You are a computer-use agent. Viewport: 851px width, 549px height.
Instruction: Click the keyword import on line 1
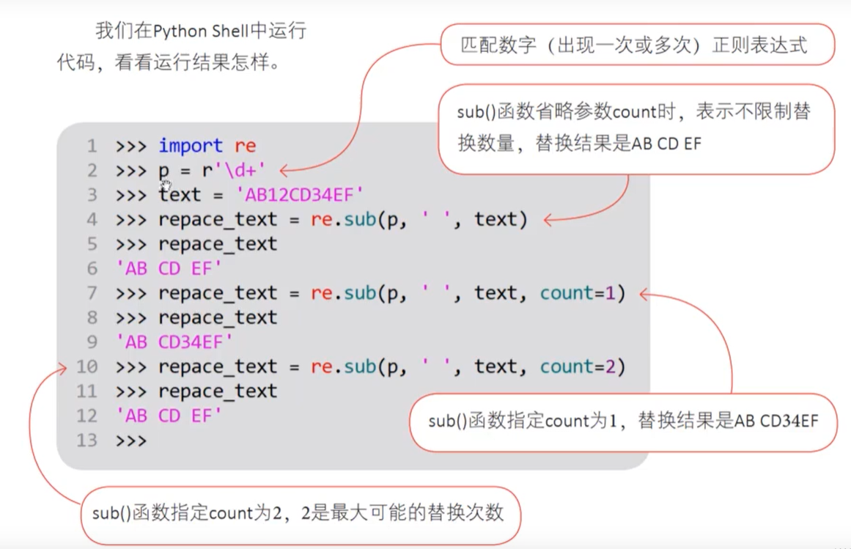(x=191, y=146)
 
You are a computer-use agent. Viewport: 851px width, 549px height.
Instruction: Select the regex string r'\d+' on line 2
(x=233, y=171)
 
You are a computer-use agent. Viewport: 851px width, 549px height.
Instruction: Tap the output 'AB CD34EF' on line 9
(x=174, y=342)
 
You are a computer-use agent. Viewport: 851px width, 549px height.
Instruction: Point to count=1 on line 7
(x=583, y=293)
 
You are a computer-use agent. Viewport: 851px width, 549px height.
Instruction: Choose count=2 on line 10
(x=583, y=366)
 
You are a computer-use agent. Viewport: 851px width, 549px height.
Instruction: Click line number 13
(x=86, y=441)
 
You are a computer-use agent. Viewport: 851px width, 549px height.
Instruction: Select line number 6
(x=92, y=269)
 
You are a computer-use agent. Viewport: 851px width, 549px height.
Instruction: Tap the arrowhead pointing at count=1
(x=644, y=295)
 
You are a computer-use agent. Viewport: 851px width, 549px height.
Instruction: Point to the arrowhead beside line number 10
(x=62, y=367)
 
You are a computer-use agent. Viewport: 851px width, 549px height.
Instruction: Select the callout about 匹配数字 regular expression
(x=636, y=45)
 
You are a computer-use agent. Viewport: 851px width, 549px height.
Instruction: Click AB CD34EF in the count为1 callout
(x=776, y=421)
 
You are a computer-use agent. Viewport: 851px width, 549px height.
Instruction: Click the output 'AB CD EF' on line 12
(x=169, y=416)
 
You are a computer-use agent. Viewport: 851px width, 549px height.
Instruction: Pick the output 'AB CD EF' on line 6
(x=169, y=269)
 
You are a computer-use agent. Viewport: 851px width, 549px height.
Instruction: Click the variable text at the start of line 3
(x=179, y=195)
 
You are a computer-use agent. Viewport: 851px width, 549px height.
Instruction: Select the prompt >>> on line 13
(x=131, y=441)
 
